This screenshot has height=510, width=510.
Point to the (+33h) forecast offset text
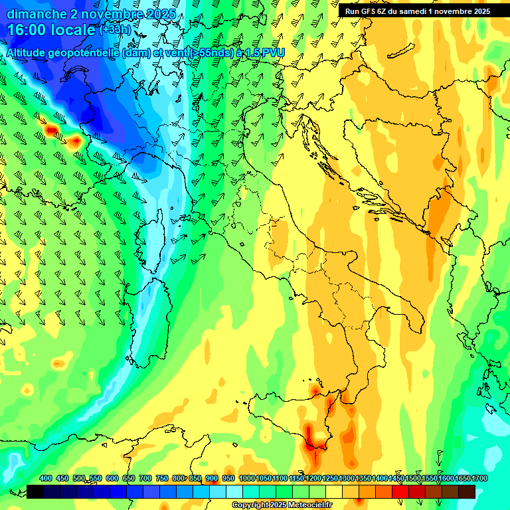click(115, 29)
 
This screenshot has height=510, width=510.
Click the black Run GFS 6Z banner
click(417, 11)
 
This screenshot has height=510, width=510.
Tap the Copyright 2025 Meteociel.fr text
click(282, 505)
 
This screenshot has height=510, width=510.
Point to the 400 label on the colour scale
click(46, 479)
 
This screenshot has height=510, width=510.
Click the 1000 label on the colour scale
click(246, 479)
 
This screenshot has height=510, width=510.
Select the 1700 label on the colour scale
click(463, 479)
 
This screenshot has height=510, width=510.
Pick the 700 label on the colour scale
click(145, 479)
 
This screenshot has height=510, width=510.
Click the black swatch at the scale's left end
click(35, 491)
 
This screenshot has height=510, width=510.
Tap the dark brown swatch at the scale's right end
click(467, 491)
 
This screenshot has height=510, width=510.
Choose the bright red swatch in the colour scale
click(400, 491)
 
